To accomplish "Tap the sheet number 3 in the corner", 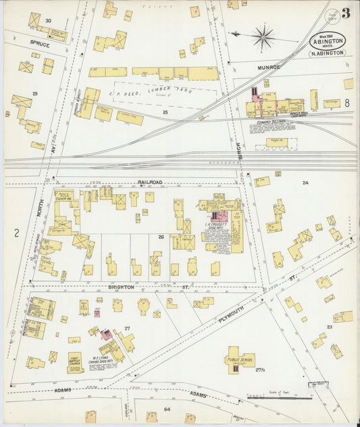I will (345, 14).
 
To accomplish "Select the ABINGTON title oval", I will (328, 40).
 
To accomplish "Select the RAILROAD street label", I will (150, 182).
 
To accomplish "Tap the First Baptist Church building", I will (75, 363).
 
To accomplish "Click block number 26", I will (161, 237).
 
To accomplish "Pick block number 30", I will (48, 21).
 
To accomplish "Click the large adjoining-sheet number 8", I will (346, 103).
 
